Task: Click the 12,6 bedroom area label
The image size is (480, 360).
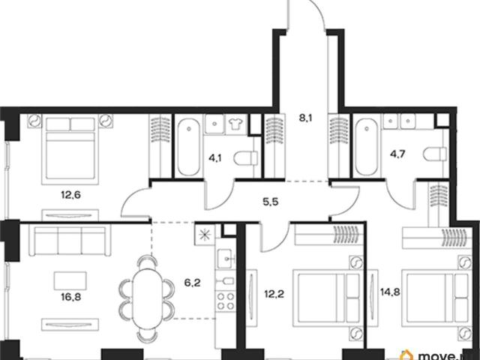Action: click(x=70, y=195)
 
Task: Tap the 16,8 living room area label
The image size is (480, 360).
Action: click(x=70, y=297)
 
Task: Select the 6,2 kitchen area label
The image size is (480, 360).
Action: click(x=193, y=283)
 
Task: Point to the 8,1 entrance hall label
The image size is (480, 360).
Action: click(x=305, y=118)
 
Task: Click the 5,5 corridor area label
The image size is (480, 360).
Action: click(x=271, y=202)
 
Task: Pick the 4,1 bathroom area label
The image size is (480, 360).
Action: click(x=215, y=158)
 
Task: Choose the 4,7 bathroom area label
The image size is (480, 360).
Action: click(x=398, y=154)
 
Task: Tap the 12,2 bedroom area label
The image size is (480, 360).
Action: click(x=274, y=294)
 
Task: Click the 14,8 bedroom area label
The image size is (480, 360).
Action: click(x=390, y=292)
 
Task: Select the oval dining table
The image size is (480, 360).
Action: click(x=147, y=299)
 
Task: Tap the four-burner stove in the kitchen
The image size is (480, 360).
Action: click(x=226, y=301)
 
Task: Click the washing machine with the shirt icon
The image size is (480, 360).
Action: click(x=235, y=124)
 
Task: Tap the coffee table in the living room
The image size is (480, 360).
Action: click(x=70, y=280)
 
